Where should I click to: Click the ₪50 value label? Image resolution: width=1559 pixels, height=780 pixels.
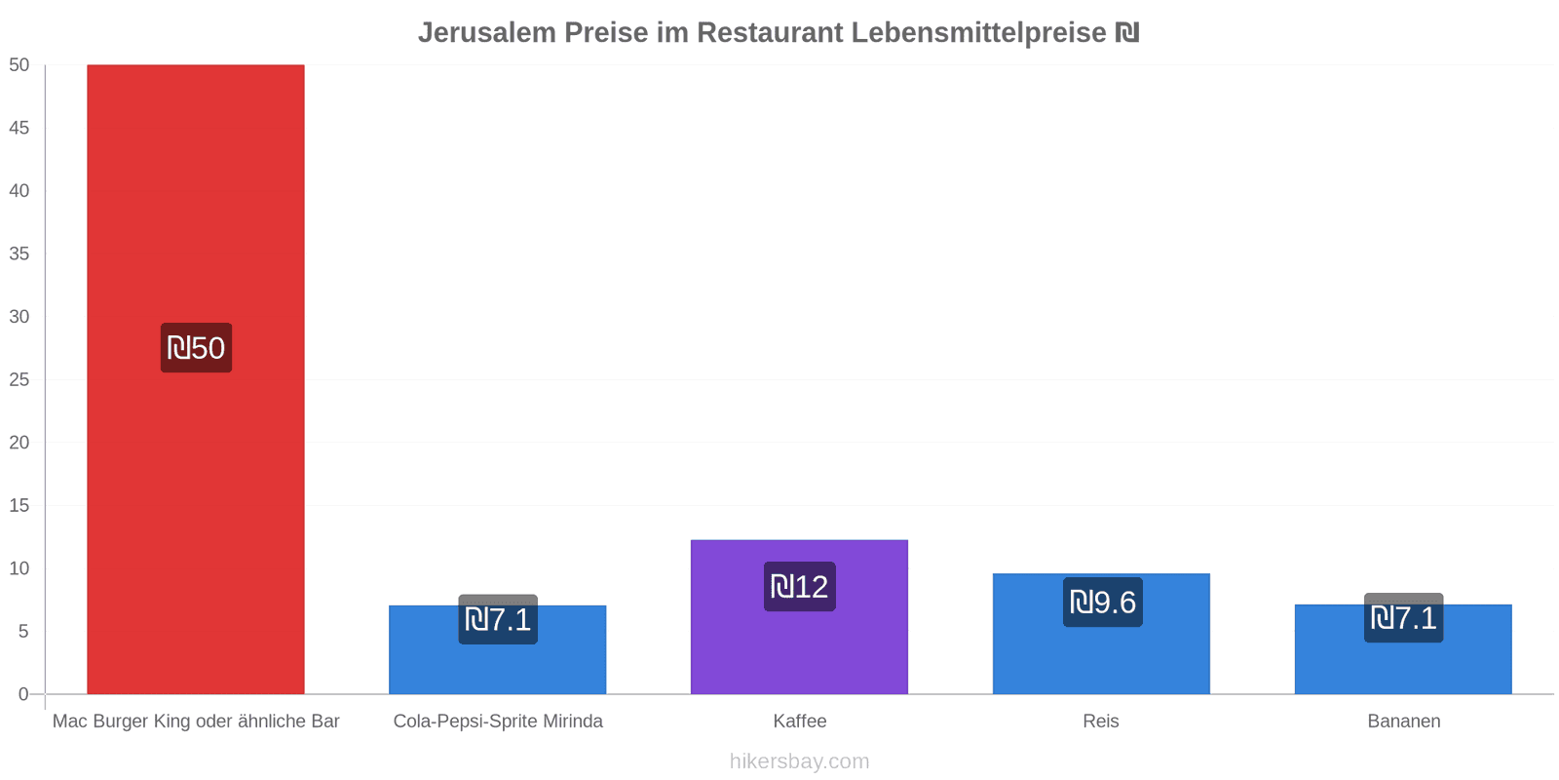(x=196, y=348)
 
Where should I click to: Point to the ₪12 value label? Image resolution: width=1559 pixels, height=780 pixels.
(x=799, y=587)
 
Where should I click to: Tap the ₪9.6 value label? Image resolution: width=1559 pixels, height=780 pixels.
(x=1102, y=603)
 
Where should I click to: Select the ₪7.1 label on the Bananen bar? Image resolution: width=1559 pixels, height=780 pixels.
(x=1403, y=618)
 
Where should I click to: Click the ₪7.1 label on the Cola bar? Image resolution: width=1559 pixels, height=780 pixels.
(x=497, y=619)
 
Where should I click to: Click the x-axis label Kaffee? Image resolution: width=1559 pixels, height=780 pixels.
(x=799, y=721)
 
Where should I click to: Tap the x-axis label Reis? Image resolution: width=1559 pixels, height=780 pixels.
(x=1101, y=721)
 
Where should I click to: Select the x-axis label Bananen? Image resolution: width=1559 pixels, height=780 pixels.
(x=1403, y=721)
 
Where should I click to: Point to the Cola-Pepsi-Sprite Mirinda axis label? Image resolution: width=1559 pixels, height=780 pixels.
(x=497, y=721)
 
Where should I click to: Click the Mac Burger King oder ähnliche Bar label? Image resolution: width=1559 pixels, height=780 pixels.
(x=196, y=721)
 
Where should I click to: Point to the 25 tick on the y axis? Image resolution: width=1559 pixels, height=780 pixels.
(x=19, y=379)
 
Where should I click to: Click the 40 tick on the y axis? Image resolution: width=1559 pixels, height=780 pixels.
(x=19, y=191)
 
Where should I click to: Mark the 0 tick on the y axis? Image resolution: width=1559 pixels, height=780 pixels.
(x=23, y=694)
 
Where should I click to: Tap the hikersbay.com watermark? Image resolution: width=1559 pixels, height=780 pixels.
(x=799, y=761)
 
